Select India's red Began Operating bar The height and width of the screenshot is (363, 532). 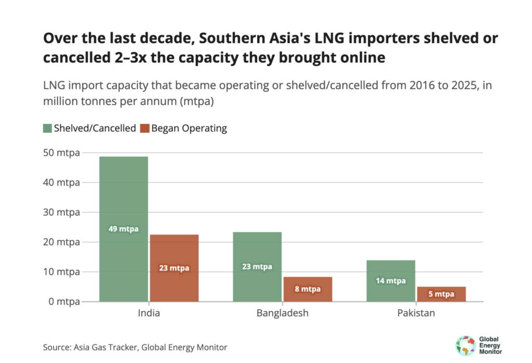pos(174,250)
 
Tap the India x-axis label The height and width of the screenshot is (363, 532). pos(149,314)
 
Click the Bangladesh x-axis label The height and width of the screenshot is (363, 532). pos(283,314)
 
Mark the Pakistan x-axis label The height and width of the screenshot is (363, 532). pos(416,314)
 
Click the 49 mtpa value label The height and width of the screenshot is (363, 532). pos(124,229)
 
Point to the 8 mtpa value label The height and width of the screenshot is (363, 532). pos(308,289)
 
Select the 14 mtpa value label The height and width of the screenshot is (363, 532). pos(391,281)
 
